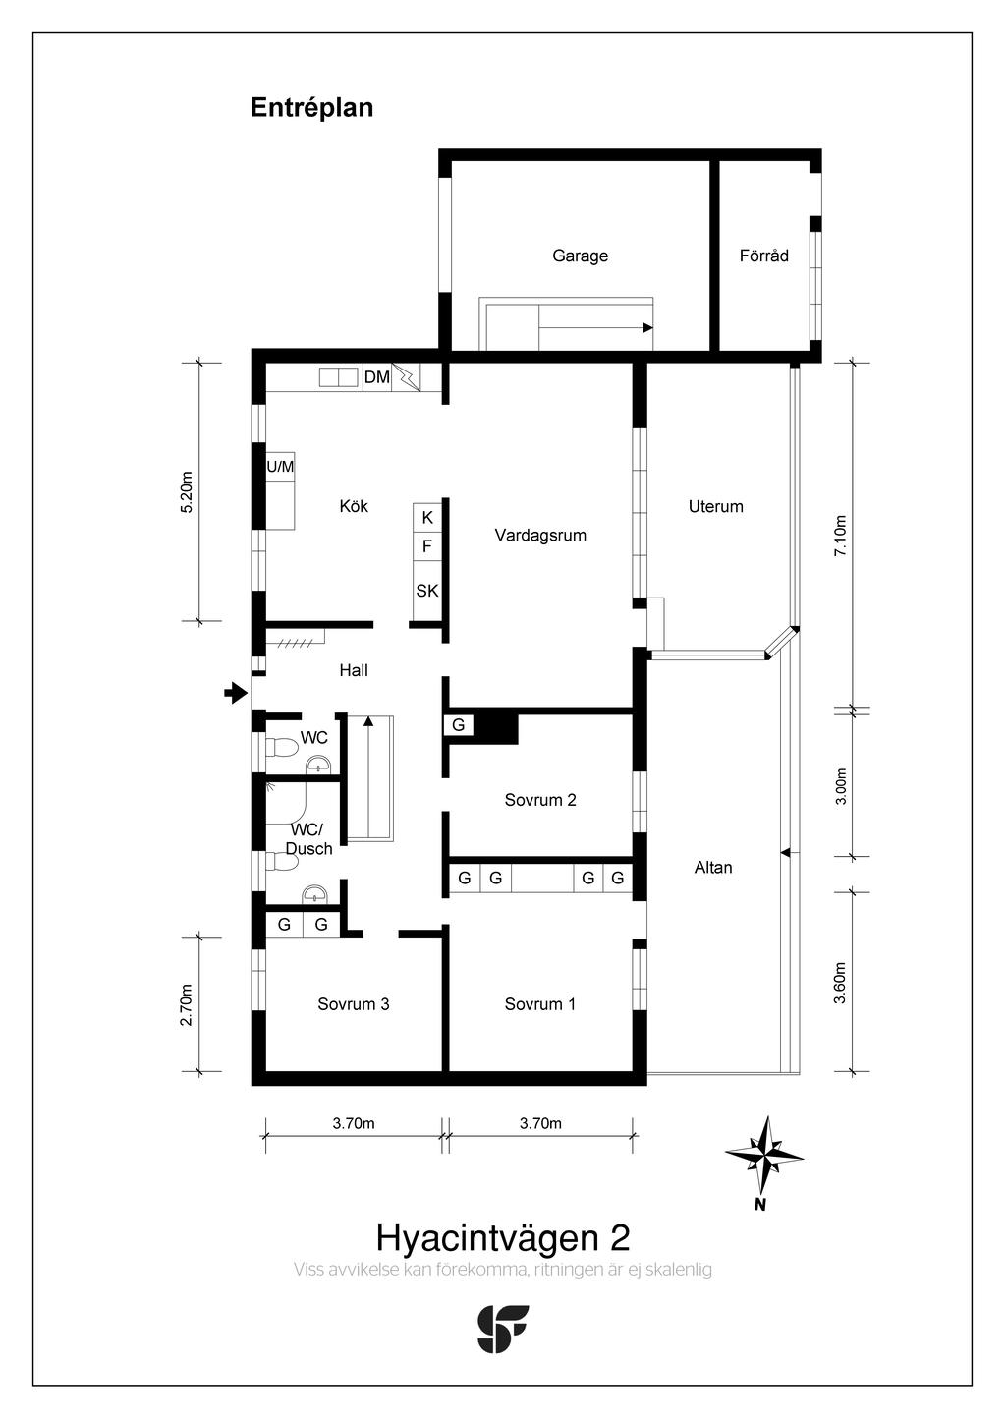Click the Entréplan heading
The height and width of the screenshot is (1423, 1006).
tap(311, 107)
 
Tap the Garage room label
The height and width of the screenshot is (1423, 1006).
tap(580, 256)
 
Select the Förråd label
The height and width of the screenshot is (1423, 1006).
tap(763, 256)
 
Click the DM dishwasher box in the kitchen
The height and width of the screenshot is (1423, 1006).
tap(377, 377)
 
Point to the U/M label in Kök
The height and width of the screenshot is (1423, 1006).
tap(281, 467)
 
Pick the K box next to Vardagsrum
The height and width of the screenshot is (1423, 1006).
tap(427, 517)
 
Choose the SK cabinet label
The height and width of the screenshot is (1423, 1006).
tap(427, 591)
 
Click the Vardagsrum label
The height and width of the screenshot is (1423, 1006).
tap(540, 536)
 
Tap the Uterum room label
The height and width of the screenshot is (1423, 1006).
tap(715, 506)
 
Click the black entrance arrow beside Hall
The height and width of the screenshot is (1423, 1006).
tap(235, 694)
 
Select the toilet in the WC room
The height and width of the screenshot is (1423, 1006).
tap(282, 748)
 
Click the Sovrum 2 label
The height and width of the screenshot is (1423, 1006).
tap(540, 800)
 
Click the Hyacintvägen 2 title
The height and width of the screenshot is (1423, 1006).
tap(502, 1236)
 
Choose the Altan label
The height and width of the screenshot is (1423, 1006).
tap(713, 868)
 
